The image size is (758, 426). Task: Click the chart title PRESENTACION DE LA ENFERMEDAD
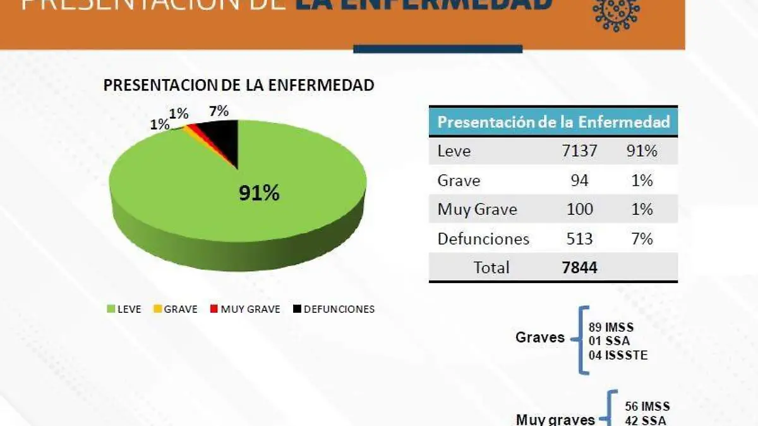[239, 85]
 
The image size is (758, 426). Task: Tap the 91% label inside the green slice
[259, 193]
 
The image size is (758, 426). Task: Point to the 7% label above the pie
[219, 112]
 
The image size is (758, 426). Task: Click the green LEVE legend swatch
[112, 309]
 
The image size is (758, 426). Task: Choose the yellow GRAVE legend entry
[176, 309]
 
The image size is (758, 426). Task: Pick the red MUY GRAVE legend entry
[246, 309]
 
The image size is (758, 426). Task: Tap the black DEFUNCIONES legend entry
[334, 309]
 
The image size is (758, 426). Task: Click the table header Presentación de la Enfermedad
[553, 122]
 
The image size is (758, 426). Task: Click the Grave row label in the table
[459, 181]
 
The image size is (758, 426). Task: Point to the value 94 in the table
[579, 181]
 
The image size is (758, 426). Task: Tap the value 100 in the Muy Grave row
[579, 209]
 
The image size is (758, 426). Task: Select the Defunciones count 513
[579, 239]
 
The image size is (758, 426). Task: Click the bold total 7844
[579, 267]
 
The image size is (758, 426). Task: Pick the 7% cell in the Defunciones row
[642, 239]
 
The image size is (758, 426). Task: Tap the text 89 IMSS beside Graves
[611, 328]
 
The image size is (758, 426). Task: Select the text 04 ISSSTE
[618, 355]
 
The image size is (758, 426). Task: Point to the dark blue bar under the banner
[438, 49]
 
